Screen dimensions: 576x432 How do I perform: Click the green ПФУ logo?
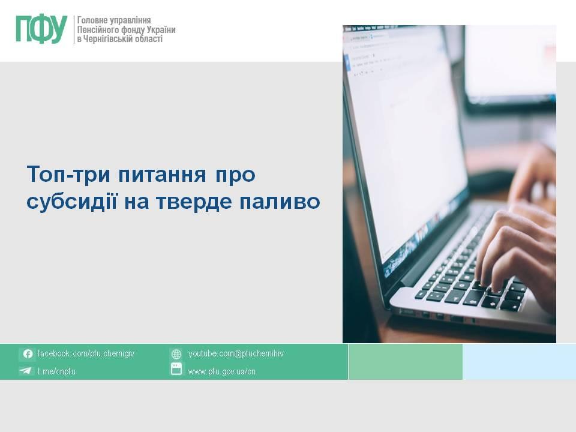coord(41,29)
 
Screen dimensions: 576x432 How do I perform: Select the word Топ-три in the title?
coord(68,174)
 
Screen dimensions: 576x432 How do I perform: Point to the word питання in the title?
coord(162,175)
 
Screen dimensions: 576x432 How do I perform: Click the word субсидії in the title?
coord(71,202)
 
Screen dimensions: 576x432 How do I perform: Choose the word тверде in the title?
coord(194,202)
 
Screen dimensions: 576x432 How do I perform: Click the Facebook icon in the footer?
coord(28,354)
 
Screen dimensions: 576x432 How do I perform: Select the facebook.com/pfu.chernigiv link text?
coord(86,353)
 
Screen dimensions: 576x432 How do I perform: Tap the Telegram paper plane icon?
coord(26,370)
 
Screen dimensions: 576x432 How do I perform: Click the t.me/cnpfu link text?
coord(56,371)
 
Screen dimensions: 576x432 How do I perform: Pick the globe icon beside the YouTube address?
coord(176,354)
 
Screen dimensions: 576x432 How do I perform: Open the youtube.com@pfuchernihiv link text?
coord(236,353)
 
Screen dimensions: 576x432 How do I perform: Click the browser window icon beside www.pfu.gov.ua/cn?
coord(176,369)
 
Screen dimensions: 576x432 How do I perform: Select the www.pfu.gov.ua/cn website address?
coord(221,371)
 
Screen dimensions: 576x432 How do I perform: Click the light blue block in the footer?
coord(519,362)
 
